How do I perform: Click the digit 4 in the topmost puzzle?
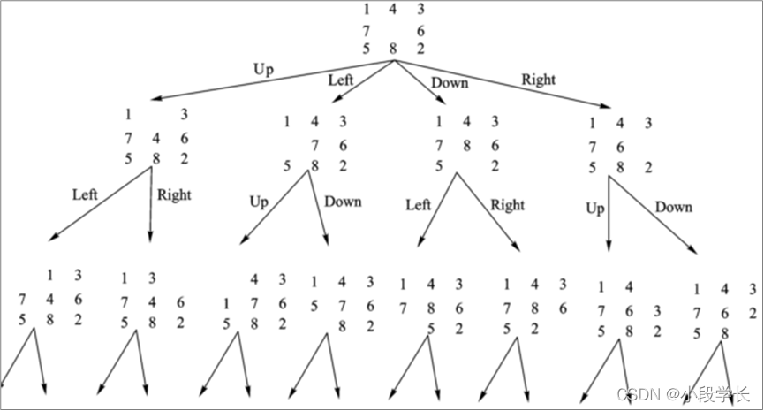[x=393, y=10]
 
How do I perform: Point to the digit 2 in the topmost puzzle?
[x=420, y=48]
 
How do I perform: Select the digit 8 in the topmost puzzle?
[x=393, y=49]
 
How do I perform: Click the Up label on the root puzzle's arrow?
[x=263, y=69]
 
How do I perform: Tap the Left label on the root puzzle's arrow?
[x=341, y=80]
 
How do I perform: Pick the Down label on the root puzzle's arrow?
[x=450, y=84]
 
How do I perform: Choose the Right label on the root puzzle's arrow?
[x=539, y=80]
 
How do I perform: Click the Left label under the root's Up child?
[x=85, y=194]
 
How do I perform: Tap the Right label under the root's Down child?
[x=507, y=205]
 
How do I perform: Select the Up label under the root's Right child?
[x=595, y=209]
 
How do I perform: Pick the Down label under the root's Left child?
[x=343, y=202]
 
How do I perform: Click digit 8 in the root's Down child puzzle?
[x=466, y=145]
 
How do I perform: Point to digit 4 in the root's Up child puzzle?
[x=155, y=138]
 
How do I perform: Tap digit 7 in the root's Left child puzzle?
[x=314, y=145]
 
